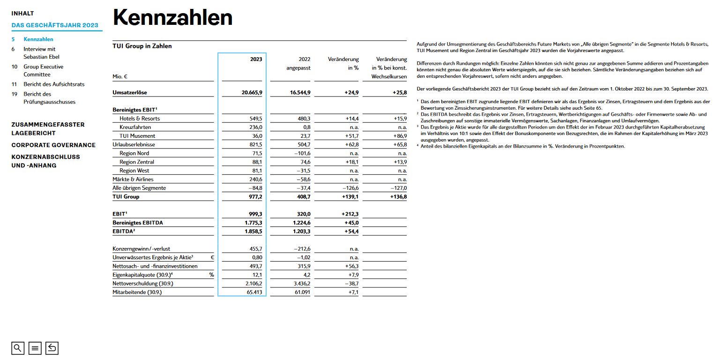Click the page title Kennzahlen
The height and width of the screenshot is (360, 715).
pos(173,18)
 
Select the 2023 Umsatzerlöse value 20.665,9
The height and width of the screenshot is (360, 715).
pos(252,93)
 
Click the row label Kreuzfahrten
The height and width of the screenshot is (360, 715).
pos(135,127)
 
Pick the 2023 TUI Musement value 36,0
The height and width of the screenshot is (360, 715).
pos(257,136)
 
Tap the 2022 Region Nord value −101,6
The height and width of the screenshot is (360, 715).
pos(300,153)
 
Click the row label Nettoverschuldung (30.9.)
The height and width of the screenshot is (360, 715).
pos(140,284)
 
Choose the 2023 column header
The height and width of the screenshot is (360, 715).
pos(256,60)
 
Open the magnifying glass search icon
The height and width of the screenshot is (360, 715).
pos(18,348)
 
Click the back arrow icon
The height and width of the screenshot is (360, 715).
pos(52,348)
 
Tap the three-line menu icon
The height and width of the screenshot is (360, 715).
pos(35,348)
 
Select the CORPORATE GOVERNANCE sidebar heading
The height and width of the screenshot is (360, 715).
pos(53,145)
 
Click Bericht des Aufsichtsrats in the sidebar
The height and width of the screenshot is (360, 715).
pos(54,84)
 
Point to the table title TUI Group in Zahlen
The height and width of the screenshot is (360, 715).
pos(142,46)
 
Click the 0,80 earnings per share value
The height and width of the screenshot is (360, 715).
pos(257,257)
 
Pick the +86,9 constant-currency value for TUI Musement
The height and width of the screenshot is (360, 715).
pos(398,136)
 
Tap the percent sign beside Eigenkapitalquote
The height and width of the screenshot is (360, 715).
pos(211,275)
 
